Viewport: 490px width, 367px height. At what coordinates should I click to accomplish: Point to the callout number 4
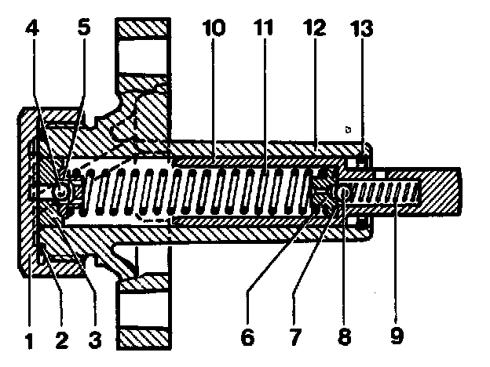click(x=31, y=28)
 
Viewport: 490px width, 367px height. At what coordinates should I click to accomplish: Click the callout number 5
click(x=84, y=28)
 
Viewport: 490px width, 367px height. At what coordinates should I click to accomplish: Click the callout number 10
click(x=213, y=28)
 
